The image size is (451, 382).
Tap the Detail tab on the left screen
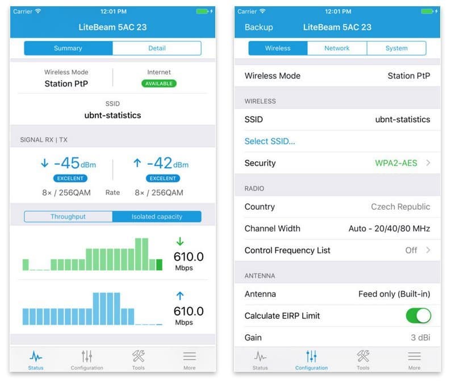[x=157, y=48]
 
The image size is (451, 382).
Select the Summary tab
[x=68, y=48]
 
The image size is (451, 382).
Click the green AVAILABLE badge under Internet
[x=159, y=84]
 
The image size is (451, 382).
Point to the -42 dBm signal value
[x=162, y=164]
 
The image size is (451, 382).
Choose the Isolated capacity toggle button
[x=157, y=217]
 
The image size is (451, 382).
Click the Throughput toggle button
[x=68, y=217]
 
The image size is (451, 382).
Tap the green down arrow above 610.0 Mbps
[x=180, y=241]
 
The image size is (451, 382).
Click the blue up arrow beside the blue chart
[x=180, y=295]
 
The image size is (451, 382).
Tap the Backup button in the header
[x=258, y=27]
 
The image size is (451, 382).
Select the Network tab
[x=337, y=48]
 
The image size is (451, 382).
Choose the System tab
[x=396, y=48]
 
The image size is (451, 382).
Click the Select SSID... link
[x=270, y=141]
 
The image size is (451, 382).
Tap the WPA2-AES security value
[x=396, y=163]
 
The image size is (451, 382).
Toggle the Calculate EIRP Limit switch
[x=418, y=315]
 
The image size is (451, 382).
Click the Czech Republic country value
[x=400, y=207]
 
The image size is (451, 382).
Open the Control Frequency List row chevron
[x=428, y=250]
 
